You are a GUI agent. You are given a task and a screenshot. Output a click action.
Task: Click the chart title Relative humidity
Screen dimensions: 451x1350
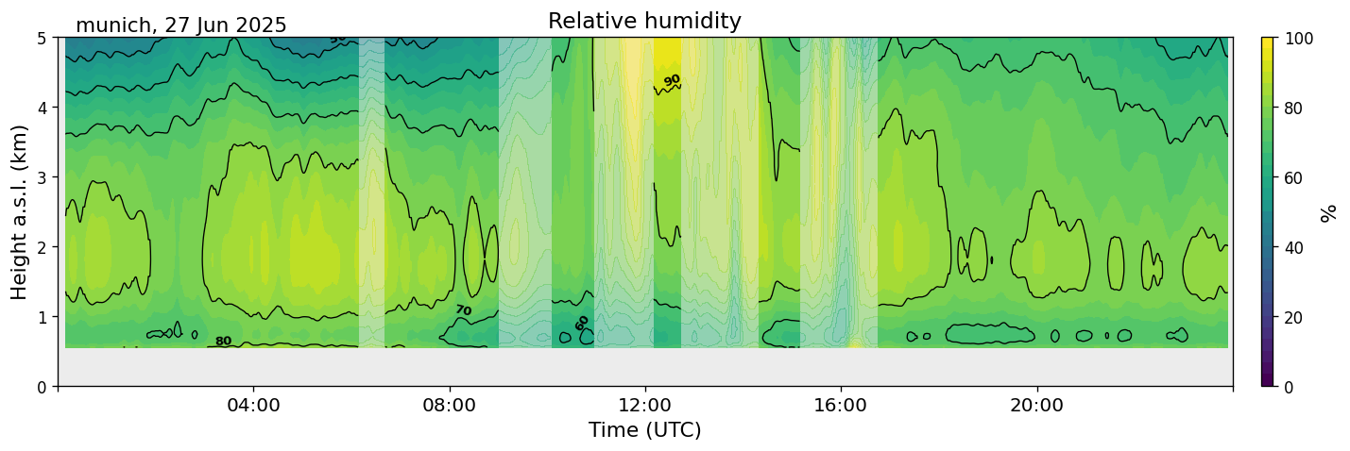[644, 21]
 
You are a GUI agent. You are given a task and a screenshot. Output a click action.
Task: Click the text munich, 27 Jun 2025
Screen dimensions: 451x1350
[180, 25]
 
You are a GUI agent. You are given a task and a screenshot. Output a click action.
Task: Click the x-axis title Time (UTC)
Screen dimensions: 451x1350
[644, 430]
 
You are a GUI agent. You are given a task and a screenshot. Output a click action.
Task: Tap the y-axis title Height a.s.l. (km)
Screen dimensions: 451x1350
[20, 211]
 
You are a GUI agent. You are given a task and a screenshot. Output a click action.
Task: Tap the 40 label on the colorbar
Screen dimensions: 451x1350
[1296, 247]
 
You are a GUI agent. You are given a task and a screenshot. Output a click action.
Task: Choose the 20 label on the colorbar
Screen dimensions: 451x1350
[1296, 317]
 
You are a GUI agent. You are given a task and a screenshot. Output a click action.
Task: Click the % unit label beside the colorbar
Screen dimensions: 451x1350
[1329, 212]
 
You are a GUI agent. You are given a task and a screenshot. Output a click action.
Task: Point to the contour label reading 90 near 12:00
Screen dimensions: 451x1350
[672, 81]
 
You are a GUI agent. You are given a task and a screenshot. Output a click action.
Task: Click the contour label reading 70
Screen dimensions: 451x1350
[463, 310]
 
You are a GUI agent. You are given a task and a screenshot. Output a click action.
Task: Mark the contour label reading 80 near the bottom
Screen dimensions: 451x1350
[223, 342]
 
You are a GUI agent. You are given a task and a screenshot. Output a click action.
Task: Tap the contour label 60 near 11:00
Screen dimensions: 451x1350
[582, 323]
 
